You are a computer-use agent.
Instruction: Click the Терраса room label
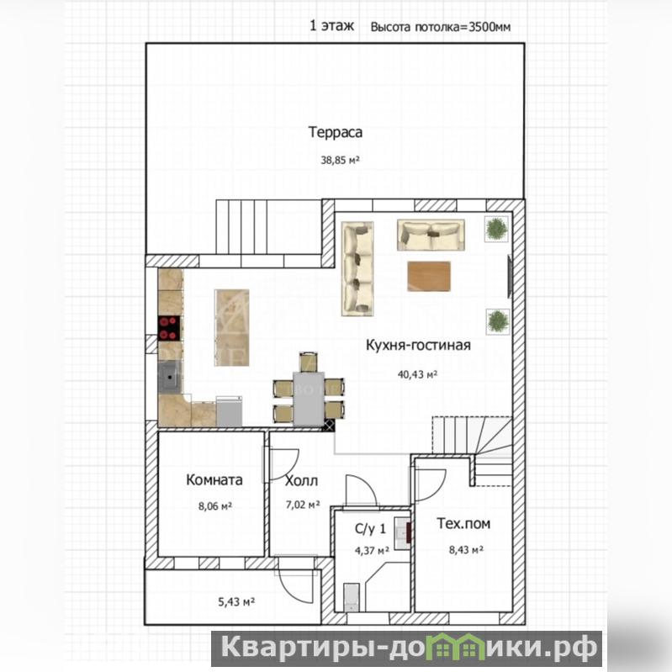pos(335,132)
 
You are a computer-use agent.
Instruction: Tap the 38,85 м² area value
pos(340,161)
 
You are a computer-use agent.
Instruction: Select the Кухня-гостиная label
pos(418,345)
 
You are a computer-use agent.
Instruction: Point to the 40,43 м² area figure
pos(417,374)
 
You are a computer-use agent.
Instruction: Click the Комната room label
pos(214,479)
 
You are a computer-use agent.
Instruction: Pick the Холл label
pos(302,481)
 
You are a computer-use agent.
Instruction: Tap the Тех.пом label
pos(463,524)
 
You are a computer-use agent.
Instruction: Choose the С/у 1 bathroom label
pos(370,529)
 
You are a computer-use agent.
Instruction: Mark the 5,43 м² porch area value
pos(236,602)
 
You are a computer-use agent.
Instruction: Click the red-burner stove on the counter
pos(170,328)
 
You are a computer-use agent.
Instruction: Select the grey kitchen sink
pos(170,377)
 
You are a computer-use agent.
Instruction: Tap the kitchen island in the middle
pos(231,328)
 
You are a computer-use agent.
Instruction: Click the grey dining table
pos(309,399)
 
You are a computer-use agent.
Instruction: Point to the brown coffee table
pos(429,277)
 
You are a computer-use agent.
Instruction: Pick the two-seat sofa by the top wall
pos(431,235)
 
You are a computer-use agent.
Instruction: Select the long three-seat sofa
pos(357,268)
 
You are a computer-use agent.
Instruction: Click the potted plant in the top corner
pos(497,229)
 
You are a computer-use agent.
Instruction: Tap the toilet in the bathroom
pos(352,597)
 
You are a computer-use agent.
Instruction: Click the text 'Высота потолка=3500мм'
pos(441,27)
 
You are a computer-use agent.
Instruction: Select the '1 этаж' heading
pos(331,26)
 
